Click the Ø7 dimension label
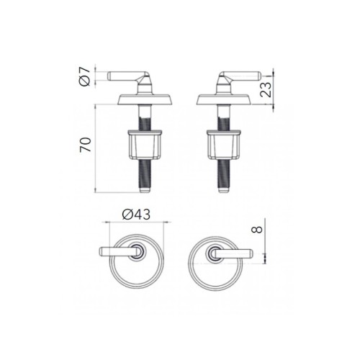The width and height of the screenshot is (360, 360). click(x=84, y=77)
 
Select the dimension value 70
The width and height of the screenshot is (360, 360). click(x=86, y=145)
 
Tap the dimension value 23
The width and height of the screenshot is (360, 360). click(x=266, y=89)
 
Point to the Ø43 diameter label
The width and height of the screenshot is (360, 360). click(x=136, y=215)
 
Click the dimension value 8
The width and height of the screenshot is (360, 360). click(x=256, y=230)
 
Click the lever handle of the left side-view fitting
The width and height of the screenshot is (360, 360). click(x=127, y=76)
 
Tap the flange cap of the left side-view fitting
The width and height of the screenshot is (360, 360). click(x=145, y=99)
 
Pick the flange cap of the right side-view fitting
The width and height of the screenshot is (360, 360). click(x=224, y=99)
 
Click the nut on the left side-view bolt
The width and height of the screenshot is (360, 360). click(x=145, y=144)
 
